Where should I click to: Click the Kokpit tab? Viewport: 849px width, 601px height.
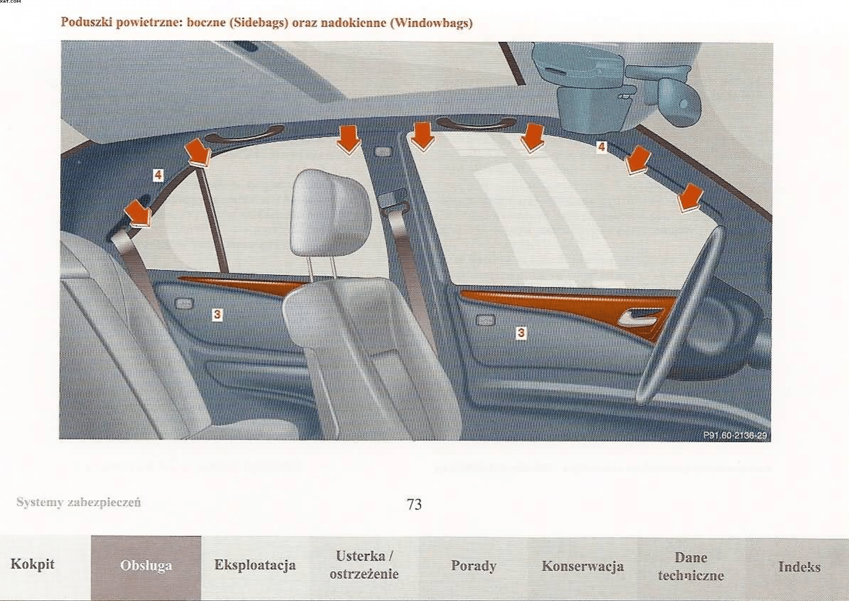click(x=32, y=565)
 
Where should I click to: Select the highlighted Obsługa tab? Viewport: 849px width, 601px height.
click(x=146, y=565)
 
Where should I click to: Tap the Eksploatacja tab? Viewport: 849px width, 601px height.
click(x=255, y=565)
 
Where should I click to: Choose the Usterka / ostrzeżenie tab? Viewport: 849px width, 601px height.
click(x=364, y=565)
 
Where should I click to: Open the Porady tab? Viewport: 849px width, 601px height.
click(x=474, y=565)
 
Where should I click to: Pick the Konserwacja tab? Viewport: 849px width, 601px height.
click(x=583, y=566)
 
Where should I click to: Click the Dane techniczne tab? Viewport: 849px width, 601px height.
click(x=691, y=566)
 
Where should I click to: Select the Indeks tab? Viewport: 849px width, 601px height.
click(x=799, y=567)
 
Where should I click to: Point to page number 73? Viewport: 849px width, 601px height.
click(x=414, y=504)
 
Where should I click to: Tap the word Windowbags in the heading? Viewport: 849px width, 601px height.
click(x=431, y=23)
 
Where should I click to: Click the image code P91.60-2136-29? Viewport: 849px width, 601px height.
click(x=735, y=435)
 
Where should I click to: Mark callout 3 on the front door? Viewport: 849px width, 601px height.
click(x=521, y=333)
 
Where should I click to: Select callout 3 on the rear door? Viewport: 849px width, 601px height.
click(x=217, y=314)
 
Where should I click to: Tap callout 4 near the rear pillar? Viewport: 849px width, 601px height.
click(x=158, y=175)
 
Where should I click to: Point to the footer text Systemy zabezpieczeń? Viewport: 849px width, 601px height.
click(x=79, y=502)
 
